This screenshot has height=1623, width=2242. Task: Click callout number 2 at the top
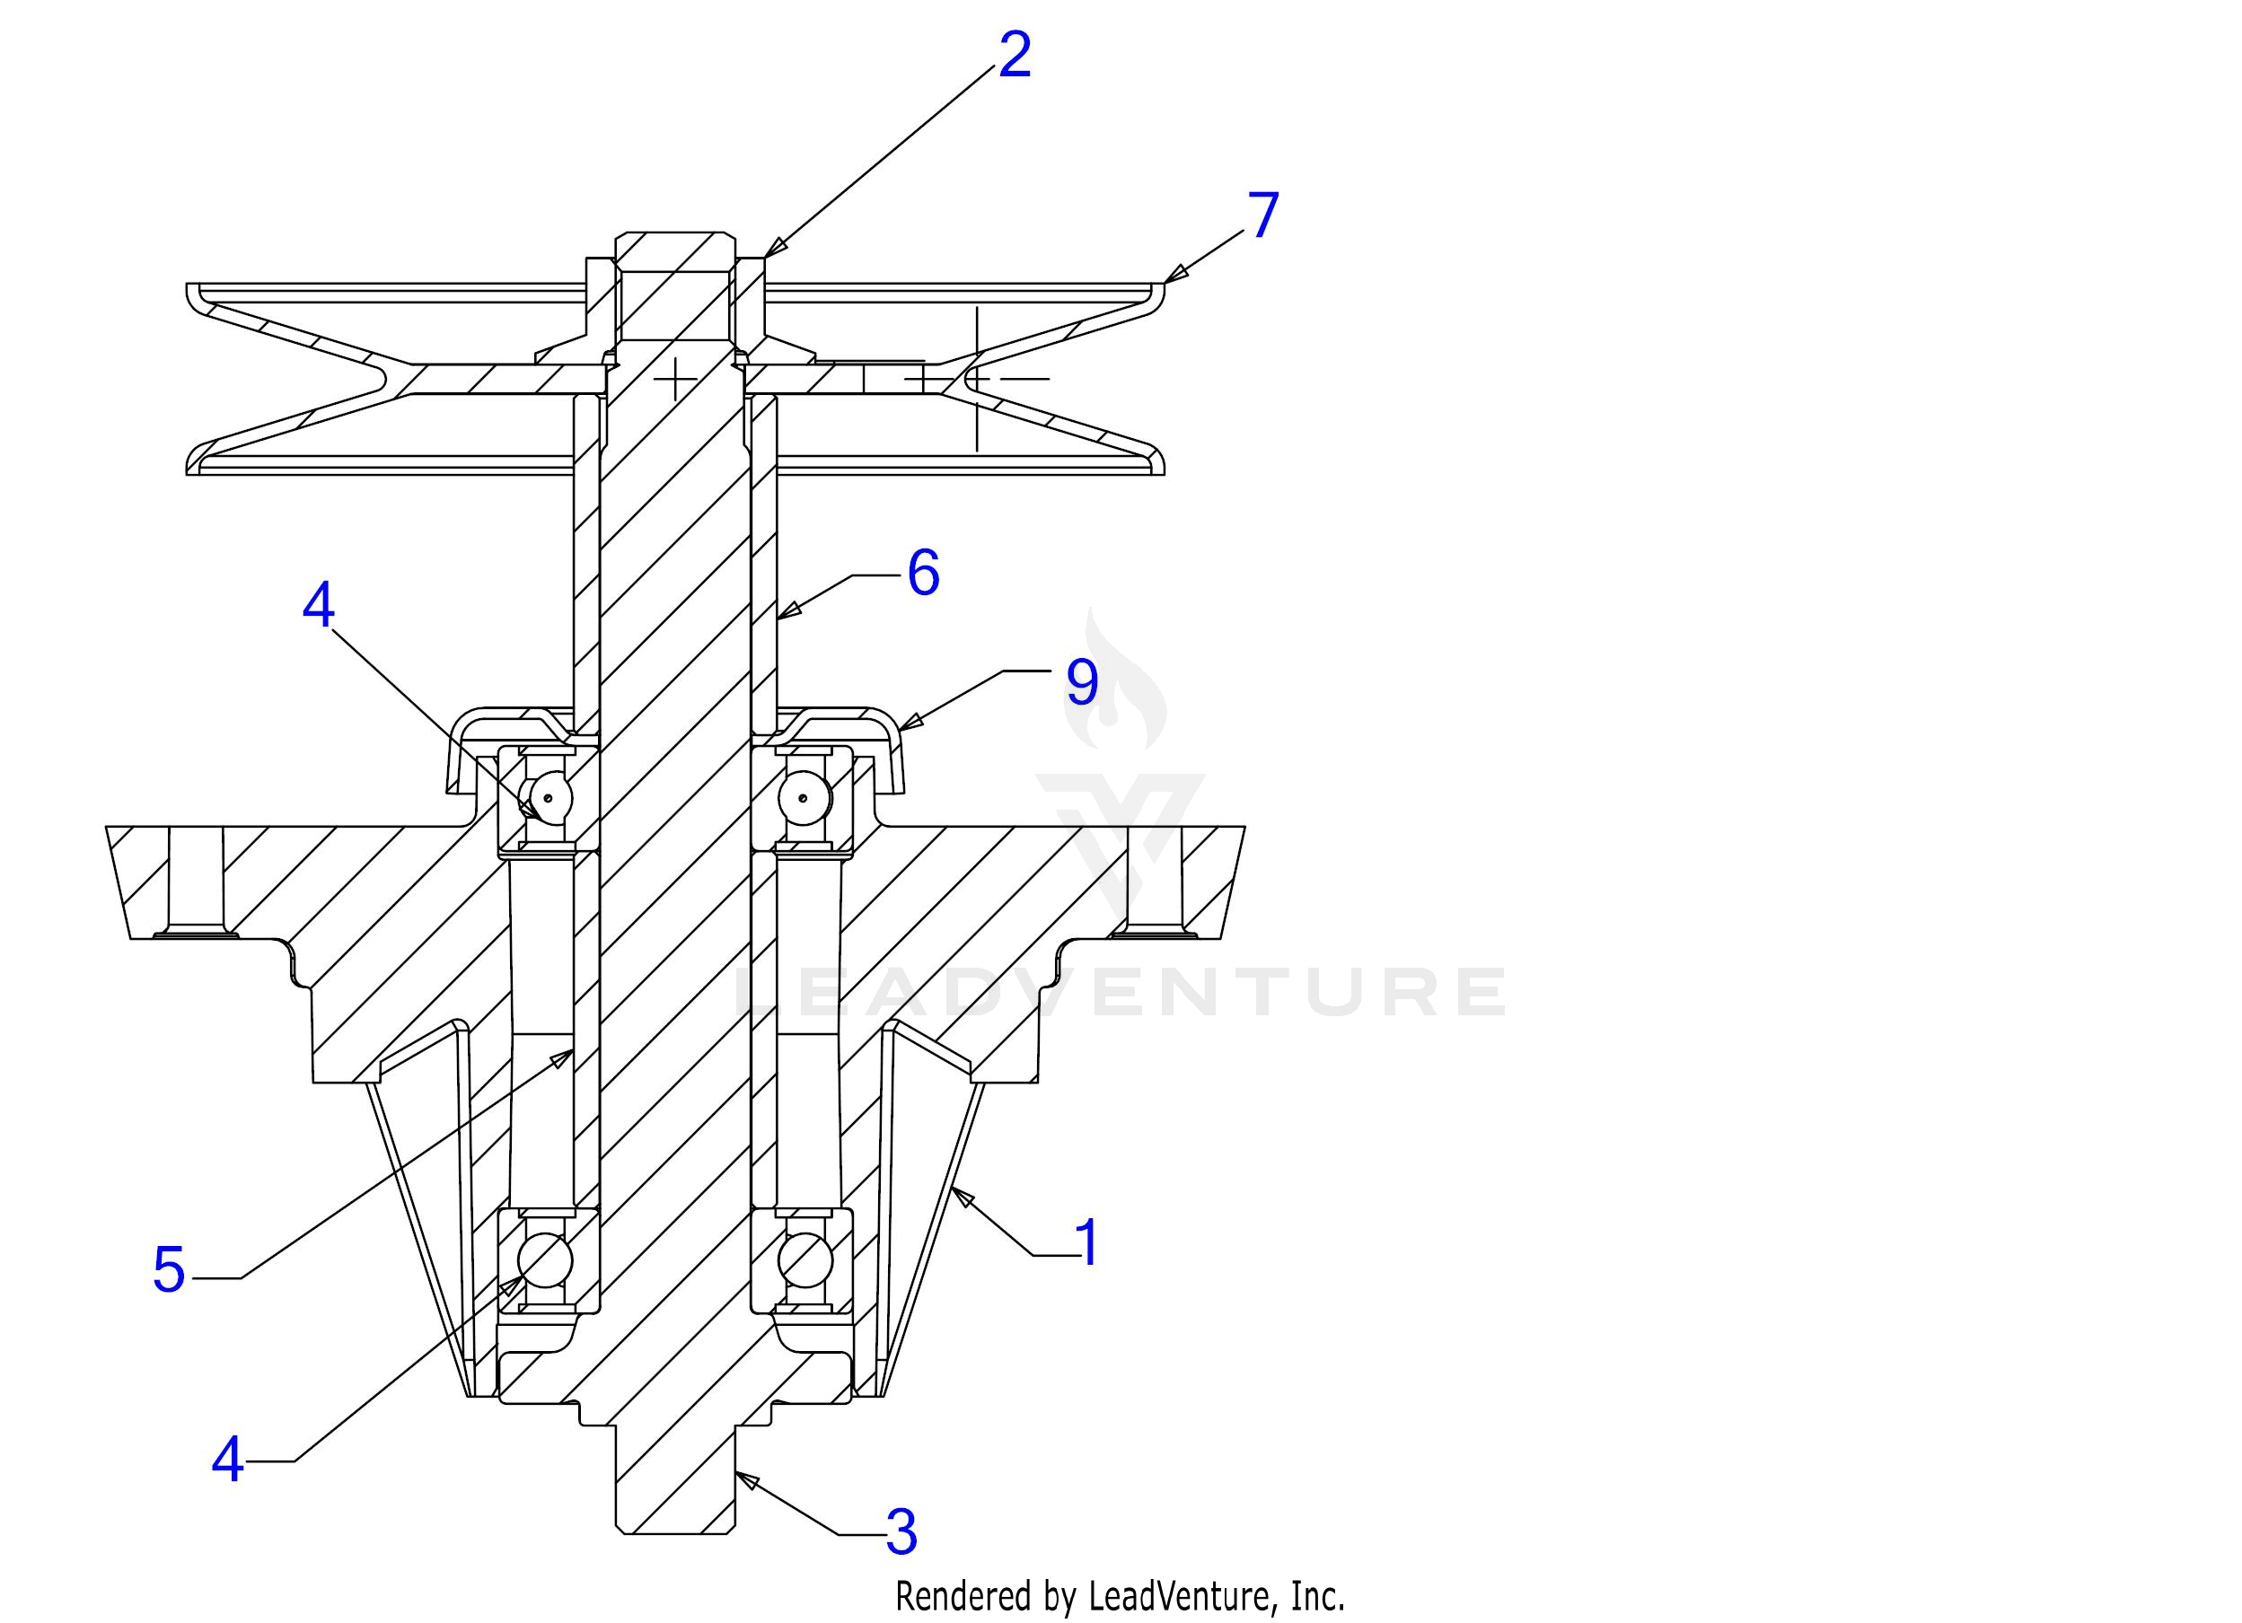1015,57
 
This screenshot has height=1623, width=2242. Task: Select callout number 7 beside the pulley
1262,215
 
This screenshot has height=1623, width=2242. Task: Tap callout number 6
923,573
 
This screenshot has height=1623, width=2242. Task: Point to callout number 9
1081,682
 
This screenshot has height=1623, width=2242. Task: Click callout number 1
1086,1242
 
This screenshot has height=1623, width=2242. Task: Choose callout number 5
169,1270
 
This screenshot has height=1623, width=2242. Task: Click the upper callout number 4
319,605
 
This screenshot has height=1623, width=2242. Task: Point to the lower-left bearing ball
545,1260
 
